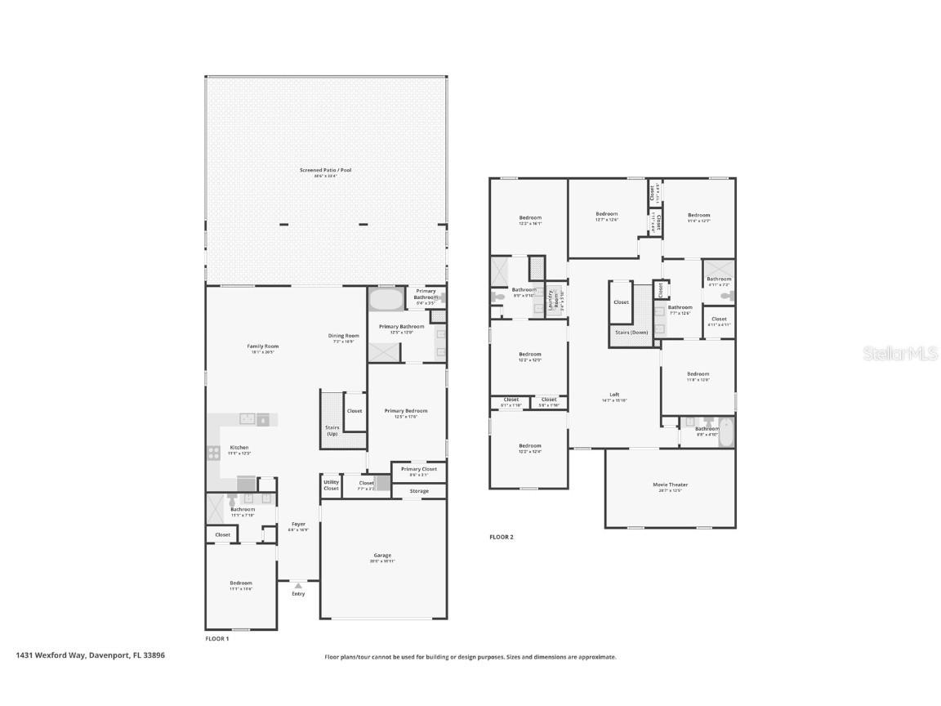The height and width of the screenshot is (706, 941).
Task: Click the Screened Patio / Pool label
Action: pyautogui.click(x=325, y=170)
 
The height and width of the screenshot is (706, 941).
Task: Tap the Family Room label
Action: pyautogui.click(x=263, y=346)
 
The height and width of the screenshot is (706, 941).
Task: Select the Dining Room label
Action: pyautogui.click(x=344, y=336)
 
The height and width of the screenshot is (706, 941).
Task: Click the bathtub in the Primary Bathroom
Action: pyautogui.click(x=386, y=300)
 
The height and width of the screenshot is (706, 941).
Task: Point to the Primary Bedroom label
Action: pyautogui.click(x=406, y=411)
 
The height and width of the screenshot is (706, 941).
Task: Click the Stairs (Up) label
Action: pyautogui.click(x=332, y=430)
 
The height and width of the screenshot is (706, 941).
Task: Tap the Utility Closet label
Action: pyautogui.click(x=331, y=485)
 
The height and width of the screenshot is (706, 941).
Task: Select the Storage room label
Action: pyautogui.click(x=419, y=491)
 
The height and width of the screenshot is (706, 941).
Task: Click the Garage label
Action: pyautogui.click(x=382, y=556)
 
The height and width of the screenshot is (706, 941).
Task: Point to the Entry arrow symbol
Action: pyautogui.click(x=299, y=585)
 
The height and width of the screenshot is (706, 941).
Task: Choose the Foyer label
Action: pyautogui.click(x=298, y=524)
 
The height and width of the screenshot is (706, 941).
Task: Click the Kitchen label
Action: pyautogui.click(x=239, y=448)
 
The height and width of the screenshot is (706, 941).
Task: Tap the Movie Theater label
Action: pyautogui.click(x=670, y=485)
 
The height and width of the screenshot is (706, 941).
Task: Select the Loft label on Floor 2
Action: pyautogui.click(x=614, y=395)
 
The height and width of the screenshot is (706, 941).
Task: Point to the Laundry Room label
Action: pyautogui.click(x=555, y=299)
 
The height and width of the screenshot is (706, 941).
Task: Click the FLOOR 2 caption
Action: pyautogui.click(x=501, y=537)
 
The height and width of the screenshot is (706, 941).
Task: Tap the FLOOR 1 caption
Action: pyautogui.click(x=216, y=638)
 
